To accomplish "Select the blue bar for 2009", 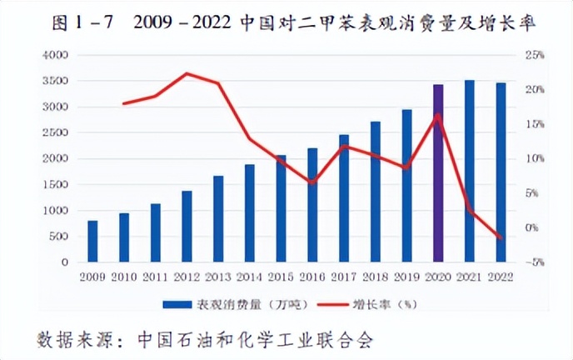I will click(x=92, y=242).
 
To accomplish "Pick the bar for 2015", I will click(x=281, y=208).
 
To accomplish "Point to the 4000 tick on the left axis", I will click(x=55, y=55).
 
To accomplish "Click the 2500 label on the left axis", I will click(x=55, y=133).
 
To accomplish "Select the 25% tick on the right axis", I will click(x=534, y=55).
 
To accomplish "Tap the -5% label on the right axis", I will click(x=534, y=262).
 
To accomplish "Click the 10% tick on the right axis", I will click(x=534, y=158).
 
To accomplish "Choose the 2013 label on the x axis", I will click(x=218, y=276).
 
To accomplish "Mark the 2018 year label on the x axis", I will click(x=375, y=276).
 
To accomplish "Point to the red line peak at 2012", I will click(x=187, y=73).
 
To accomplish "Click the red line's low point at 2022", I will click(x=501, y=238).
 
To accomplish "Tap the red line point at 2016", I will click(x=311, y=182).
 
